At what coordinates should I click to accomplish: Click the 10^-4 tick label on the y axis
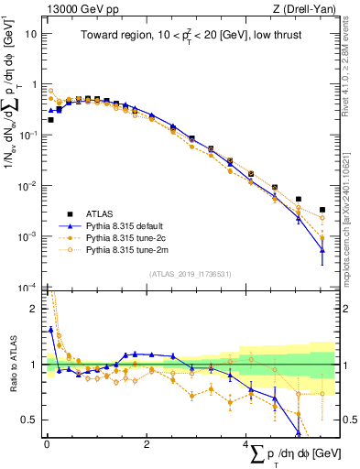tap(29, 287)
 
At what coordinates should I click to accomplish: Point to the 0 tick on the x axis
tap(47, 445)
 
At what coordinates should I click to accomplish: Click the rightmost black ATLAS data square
tap(322, 210)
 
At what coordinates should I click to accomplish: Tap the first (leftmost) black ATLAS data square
tap(50, 119)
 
